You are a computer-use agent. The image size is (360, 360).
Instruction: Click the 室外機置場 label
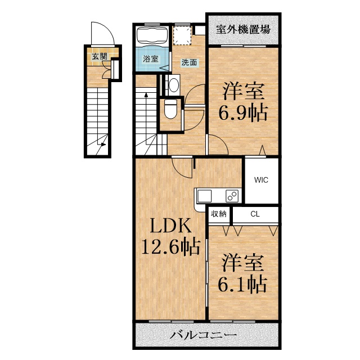(x=243, y=29)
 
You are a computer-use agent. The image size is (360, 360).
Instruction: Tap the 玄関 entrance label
(x=100, y=56)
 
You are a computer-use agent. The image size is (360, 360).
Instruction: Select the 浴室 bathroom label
(x=150, y=58)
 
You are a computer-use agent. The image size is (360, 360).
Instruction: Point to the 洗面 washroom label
(x=189, y=62)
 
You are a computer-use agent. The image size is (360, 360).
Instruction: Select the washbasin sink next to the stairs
(x=174, y=85)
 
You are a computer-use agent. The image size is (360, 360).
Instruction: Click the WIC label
(x=261, y=180)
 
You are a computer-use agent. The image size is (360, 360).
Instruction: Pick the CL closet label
(x=255, y=214)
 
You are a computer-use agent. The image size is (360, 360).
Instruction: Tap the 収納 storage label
(x=219, y=214)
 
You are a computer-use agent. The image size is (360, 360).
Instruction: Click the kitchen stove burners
(x=232, y=196)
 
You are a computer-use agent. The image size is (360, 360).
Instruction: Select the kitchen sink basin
(x=204, y=196)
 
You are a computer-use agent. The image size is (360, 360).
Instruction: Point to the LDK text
(x=170, y=226)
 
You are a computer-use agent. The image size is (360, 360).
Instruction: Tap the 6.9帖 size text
(x=243, y=112)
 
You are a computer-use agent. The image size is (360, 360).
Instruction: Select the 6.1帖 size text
(x=242, y=284)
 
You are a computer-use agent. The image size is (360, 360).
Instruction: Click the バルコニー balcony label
(x=203, y=335)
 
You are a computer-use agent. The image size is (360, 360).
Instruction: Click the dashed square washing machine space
(x=182, y=35)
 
